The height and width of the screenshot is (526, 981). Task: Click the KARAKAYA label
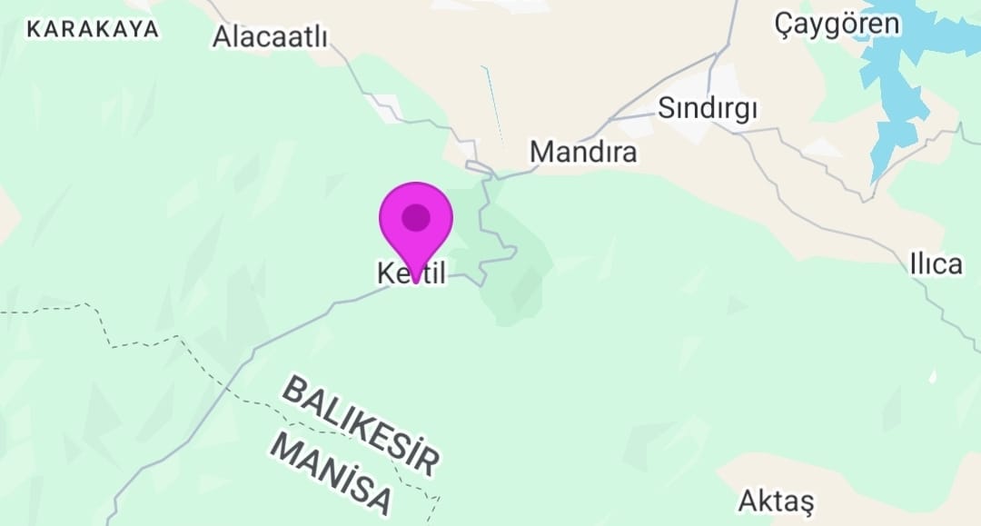[x=93, y=29]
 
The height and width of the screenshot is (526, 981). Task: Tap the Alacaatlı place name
[x=269, y=37]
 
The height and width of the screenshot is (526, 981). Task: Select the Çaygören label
[x=837, y=25]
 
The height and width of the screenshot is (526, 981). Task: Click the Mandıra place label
[x=583, y=152]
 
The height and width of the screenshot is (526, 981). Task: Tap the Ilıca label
[x=936, y=264]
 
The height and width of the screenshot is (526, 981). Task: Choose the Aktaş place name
[x=777, y=501]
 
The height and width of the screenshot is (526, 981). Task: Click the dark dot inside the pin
[x=416, y=217]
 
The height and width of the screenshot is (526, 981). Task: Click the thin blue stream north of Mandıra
[x=493, y=104]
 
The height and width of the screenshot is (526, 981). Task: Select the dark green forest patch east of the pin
[x=518, y=273]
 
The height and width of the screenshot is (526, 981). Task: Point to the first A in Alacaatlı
[x=223, y=37]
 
